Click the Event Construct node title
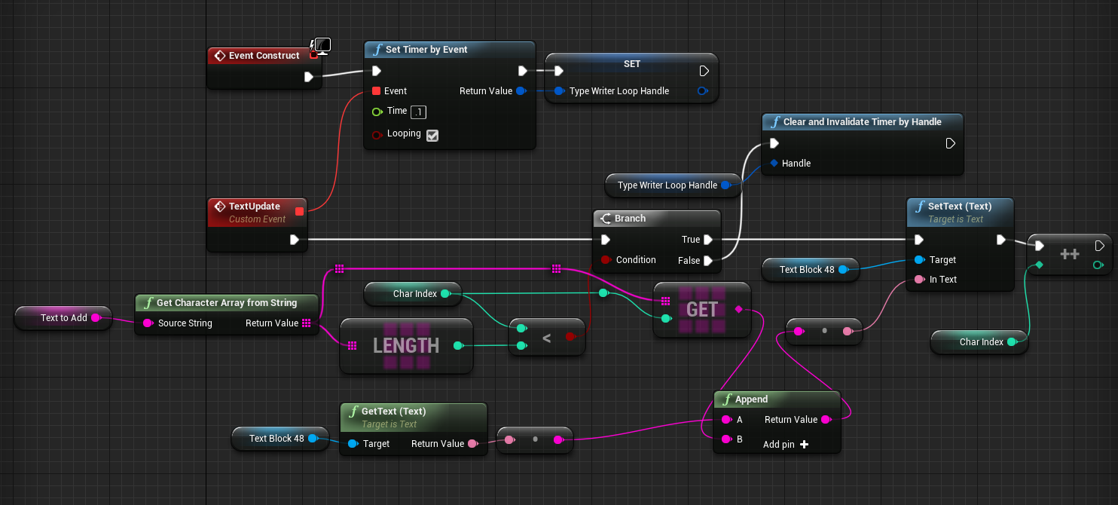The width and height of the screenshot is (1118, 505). (x=264, y=56)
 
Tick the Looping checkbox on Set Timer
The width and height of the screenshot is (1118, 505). (x=432, y=136)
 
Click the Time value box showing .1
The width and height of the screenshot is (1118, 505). (x=419, y=112)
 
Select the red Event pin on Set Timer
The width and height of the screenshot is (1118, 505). (x=377, y=91)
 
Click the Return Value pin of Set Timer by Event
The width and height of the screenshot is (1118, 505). (x=519, y=91)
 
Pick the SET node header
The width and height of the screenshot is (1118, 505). (x=631, y=64)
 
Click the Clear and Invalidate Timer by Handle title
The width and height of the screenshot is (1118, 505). (x=862, y=122)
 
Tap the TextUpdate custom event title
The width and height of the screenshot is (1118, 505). (x=254, y=207)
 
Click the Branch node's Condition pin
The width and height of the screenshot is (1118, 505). (x=605, y=260)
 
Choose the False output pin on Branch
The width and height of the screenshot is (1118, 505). (x=707, y=260)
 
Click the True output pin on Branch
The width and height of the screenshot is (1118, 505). (x=707, y=240)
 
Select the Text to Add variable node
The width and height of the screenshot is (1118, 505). (x=63, y=318)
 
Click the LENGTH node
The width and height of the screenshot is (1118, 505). (x=406, y=346)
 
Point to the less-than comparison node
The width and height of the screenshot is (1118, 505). (x=546, y=337)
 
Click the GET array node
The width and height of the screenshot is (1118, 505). (x=702, y=309)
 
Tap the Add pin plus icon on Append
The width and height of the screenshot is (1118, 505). (x=804, y=445)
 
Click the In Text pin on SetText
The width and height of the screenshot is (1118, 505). (x=919, y=280)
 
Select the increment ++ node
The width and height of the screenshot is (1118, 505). (x=1069, y=255)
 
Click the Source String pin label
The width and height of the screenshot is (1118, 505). (x=185, y=323)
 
